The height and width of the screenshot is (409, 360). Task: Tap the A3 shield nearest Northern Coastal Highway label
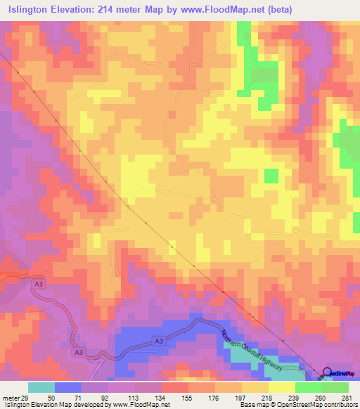pyautogui.click(x=160, y=342)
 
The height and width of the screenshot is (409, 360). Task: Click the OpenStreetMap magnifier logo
pyautogui.click(x=327, y=372)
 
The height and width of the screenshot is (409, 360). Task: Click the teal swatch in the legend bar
pyautogui.click(x=41, y=387)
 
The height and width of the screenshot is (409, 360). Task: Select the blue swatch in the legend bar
pyautogui.click(x=68, y=387)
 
